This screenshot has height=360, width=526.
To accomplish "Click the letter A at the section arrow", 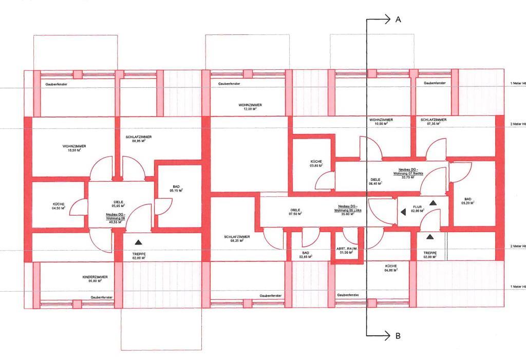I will pos(398,19).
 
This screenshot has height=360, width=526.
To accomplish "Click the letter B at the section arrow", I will pos(398,336).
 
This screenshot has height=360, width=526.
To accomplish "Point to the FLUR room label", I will pos(417,206).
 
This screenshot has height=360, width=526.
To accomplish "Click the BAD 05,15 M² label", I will pos(176,190).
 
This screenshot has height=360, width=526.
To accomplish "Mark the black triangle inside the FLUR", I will pos(434,203).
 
